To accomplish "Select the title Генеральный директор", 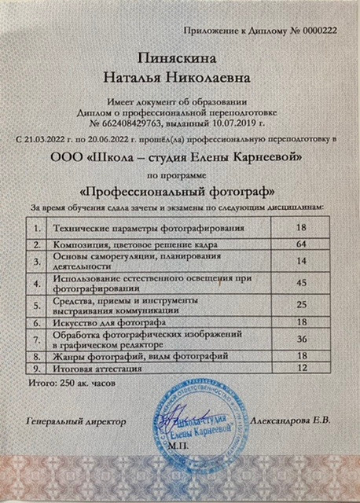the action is [75, 421].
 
